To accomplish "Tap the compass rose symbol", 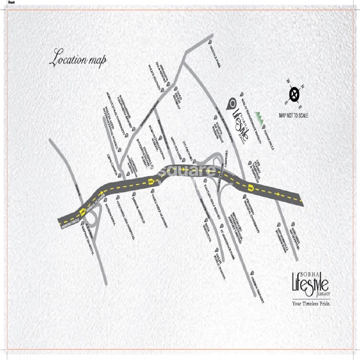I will (x=294, y=93).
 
